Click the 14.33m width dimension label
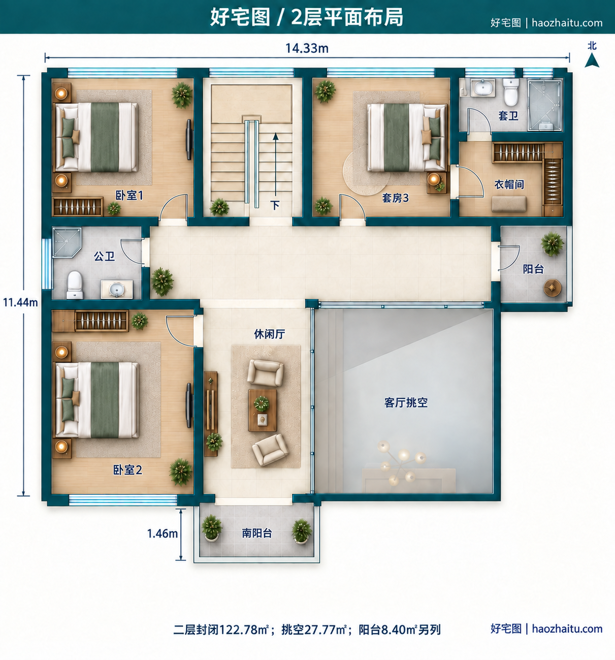coord(307,48)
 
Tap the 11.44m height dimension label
coord(21,302)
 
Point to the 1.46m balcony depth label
coord(163,533)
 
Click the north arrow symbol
coord(592,61)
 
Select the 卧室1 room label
coord(129,195)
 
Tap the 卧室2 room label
coord(127,470)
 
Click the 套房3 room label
coord(395,198)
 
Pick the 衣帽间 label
coord(509,184)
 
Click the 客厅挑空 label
coord(406,402)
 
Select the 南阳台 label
coord(257,533)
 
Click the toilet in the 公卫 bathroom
coord(75,285)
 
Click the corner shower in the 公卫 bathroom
coord(66,242)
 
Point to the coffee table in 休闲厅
coord(263,410)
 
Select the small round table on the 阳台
coord(552,288)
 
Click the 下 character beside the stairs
coord(275,205)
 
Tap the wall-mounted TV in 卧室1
coord(189,140)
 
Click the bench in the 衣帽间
coord(509,204)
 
